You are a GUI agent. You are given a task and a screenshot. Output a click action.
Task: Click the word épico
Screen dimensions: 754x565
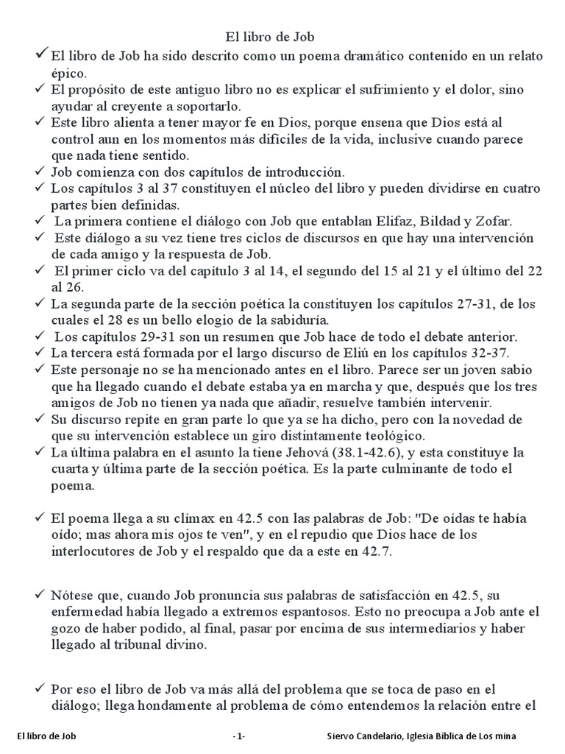(68, 73)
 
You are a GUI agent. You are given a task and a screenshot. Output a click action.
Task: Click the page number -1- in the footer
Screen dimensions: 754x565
(238, 736)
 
